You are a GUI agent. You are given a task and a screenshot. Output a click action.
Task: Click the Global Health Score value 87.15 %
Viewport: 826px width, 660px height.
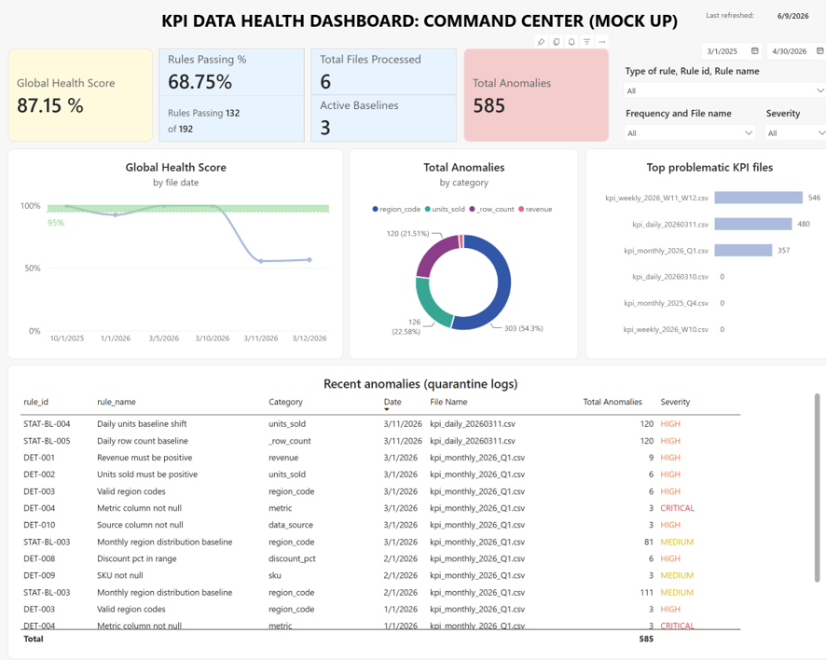50,105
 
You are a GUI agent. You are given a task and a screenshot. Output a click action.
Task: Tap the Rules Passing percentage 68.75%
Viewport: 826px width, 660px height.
200,82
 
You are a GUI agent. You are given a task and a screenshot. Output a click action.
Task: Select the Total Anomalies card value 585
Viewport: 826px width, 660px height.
489,105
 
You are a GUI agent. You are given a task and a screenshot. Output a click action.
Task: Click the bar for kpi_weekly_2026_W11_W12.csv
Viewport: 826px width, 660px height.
759,198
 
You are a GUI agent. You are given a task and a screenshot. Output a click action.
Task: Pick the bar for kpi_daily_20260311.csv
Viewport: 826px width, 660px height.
753,224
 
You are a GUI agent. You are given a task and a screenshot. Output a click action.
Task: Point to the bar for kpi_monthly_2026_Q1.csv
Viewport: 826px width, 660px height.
743,250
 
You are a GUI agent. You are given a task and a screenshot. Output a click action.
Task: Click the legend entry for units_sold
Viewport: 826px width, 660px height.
445,209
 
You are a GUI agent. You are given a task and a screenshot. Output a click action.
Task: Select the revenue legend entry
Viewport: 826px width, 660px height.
535,209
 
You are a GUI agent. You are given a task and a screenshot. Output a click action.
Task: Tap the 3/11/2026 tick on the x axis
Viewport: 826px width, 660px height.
261,338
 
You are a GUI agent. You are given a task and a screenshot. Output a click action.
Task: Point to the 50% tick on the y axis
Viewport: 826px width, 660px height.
32,268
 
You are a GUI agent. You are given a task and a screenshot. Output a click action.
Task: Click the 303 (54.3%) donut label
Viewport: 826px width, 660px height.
524,328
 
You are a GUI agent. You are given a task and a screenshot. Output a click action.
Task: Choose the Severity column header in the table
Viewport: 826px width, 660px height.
675,402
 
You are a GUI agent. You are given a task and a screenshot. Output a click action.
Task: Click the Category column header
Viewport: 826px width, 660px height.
285,402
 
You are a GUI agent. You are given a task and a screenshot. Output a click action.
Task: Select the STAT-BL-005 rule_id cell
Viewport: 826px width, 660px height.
47,441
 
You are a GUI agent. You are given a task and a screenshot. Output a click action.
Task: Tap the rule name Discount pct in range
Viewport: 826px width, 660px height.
136,558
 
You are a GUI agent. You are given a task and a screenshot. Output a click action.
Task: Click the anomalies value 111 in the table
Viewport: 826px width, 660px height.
647,593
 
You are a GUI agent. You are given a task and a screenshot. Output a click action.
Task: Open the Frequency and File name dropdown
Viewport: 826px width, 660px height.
690,133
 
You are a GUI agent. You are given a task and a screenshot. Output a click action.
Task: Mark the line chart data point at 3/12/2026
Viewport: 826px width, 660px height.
310,260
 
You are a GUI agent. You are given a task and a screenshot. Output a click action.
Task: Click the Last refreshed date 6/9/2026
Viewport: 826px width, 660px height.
792,16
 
